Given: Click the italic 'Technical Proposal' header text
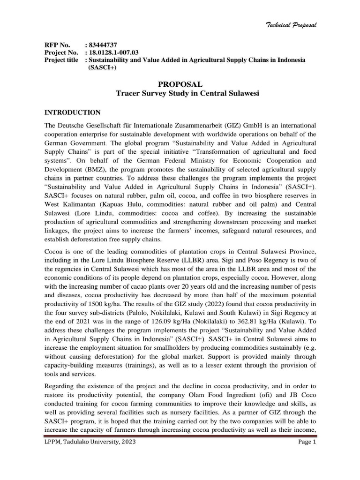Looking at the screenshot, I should click(292, 25).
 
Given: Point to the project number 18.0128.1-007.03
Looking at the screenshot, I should click(115, 52).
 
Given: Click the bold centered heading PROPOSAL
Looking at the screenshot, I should click(180, 84).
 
